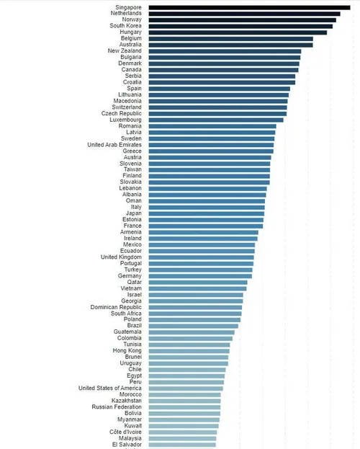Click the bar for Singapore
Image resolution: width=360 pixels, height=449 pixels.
coord(249,7)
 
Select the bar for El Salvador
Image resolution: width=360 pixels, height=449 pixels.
coord(182,444)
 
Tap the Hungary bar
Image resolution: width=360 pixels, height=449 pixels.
coord(238,32)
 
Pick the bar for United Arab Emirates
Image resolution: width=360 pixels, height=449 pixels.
coord(211,145)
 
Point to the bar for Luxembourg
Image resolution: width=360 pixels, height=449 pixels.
coord(216,120)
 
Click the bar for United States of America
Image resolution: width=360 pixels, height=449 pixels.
coord(186,388)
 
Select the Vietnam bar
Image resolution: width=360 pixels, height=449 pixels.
coord(197,288)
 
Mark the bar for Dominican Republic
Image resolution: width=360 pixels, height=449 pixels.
coord(195,307)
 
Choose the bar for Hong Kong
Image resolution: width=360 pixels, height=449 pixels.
coord(189,350)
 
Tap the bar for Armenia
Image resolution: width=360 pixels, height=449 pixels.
coord(203,232)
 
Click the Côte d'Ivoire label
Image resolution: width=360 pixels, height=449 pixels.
coord(121,432)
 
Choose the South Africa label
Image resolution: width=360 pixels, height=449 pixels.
coord(126,314)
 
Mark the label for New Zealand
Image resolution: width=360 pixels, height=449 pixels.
coord(125,51)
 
